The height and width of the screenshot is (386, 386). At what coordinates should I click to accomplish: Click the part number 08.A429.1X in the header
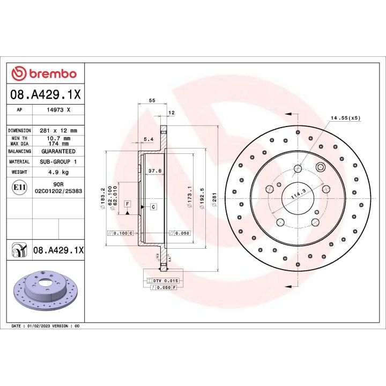tap(46, 95)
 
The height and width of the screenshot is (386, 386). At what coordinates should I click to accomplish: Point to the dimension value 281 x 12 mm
tap(58, 130)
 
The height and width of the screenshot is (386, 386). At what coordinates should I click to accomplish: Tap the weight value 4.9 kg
tap(58, 172)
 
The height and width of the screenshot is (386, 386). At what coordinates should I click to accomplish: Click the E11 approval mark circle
tap(17, 187)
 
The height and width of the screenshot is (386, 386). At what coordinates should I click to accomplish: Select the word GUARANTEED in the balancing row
tap(58, 152)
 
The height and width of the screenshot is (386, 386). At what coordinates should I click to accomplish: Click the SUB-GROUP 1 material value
tap(58, 161)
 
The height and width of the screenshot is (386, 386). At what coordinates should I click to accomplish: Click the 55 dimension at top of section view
tap(152, 101)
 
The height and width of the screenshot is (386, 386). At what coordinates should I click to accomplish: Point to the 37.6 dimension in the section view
tap(155, 172)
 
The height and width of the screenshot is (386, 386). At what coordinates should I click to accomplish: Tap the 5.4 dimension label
tap(149, 139)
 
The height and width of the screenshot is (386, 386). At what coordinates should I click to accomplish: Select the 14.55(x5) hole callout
tap(345, 117)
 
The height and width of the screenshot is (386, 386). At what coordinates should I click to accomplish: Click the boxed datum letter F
tap(127, 204)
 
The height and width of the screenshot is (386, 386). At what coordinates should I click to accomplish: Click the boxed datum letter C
tap(153, 206)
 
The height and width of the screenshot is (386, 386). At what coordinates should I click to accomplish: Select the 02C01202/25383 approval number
tap(58, 190)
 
